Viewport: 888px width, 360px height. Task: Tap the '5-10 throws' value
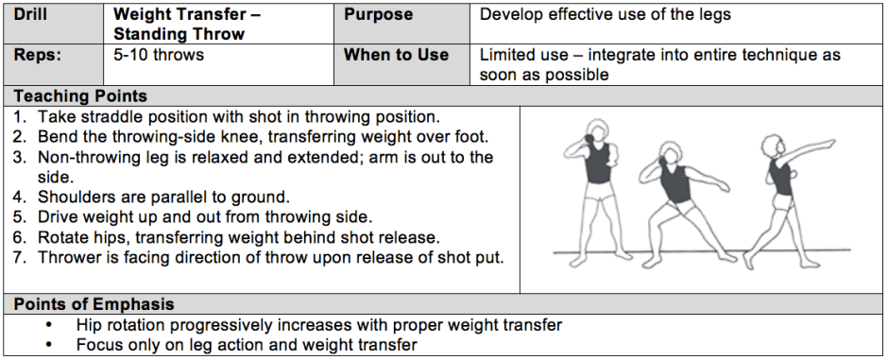159,55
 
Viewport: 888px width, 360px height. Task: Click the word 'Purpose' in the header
378,14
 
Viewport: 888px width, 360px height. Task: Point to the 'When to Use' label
397,55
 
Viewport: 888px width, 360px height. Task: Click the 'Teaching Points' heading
80,95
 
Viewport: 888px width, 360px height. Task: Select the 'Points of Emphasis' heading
94,304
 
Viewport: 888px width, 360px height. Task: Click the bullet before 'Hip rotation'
49,325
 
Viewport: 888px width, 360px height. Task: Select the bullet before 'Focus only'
49,345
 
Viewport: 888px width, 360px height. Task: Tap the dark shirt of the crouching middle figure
675,184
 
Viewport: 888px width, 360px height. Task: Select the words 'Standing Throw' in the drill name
179,34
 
